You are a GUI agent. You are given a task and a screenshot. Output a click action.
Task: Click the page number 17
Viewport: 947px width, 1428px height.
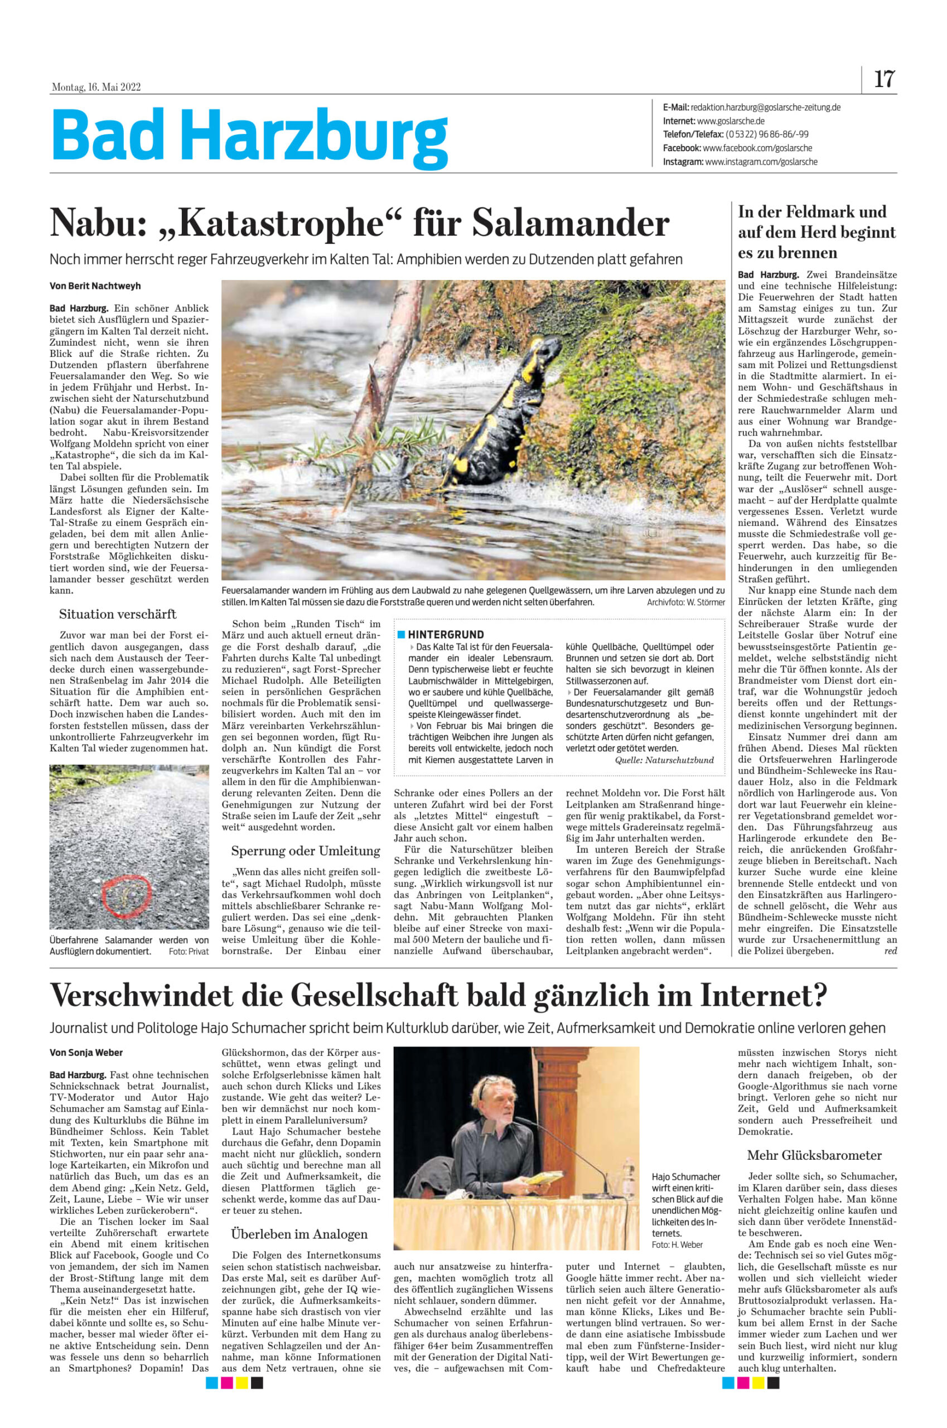click(884, 79)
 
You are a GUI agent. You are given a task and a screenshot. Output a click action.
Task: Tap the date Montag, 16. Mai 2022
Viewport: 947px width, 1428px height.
click(96, 87)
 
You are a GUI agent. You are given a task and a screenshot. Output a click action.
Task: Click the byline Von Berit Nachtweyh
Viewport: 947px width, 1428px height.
click(95, 286)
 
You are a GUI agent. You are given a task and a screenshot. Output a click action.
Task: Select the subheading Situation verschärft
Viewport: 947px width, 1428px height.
click(118, 614)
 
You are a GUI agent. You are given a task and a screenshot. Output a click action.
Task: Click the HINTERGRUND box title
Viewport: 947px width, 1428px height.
click(445, 634)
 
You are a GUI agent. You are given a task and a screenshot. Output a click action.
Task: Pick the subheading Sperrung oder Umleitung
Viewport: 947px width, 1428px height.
click(306, 851)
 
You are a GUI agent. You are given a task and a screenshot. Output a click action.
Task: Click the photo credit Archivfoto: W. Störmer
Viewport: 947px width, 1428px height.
click(685, 602)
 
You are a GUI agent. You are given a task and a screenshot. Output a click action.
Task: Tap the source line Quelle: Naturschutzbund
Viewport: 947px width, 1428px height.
click(664, 760)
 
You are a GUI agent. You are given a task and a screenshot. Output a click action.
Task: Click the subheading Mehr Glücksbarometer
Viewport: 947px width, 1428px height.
click(814, 1156)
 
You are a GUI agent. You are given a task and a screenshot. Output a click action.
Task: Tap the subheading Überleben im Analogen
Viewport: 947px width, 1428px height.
click(299, 1234)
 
